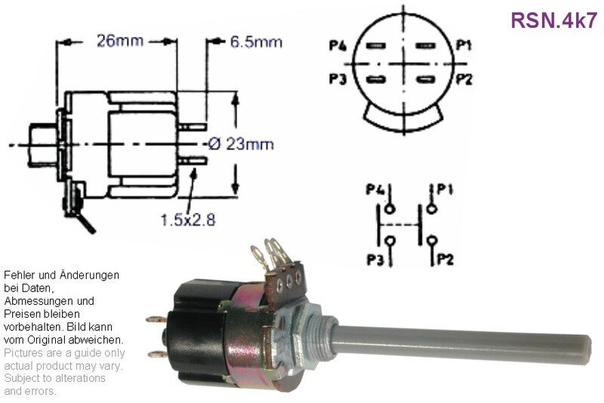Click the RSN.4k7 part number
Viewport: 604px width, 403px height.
coord(553,20)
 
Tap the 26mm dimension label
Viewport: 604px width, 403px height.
coord(120,41)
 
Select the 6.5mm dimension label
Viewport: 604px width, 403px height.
coord(256,42)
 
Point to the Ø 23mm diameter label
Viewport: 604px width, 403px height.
coord(241,144)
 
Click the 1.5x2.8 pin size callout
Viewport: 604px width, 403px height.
coord(187,220)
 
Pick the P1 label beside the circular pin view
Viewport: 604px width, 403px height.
coord(464,45)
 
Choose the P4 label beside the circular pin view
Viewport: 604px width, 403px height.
coord(337,46)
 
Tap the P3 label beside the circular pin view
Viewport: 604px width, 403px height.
coord(337,79)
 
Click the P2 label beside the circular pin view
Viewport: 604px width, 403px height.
coord(464,79)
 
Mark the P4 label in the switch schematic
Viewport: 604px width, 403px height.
coord(374,189)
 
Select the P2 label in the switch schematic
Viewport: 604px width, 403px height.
coord(445,260)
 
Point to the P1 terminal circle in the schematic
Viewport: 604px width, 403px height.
coord(432,209)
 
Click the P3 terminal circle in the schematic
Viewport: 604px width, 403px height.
coord(390,241)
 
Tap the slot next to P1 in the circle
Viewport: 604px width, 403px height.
coord(425,46)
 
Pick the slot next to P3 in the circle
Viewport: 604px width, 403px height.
coord(376,80)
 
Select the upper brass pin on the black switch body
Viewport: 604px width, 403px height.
coord(156,319)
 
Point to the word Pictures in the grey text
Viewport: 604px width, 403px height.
coord(22,353)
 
